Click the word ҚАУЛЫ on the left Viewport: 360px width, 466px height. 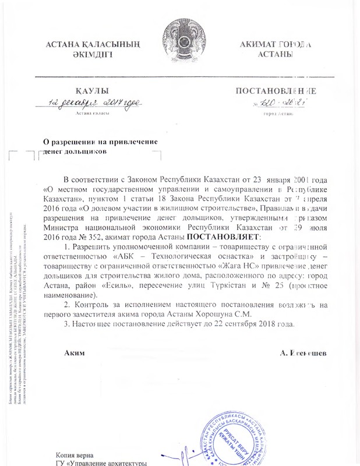tap(90, 91)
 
